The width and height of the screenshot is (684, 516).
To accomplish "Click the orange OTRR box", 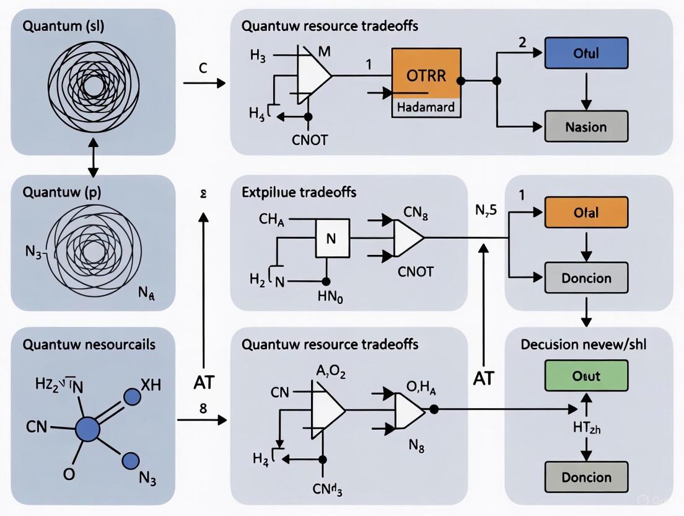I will [x=426, y=74].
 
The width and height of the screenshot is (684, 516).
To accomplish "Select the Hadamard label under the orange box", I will [x=426, y=107].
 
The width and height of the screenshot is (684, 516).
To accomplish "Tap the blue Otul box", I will [x=585, y=53].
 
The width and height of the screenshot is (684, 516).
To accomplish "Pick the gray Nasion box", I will [x=585, y=127].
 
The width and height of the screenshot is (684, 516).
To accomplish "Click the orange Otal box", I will [x=585, y=213].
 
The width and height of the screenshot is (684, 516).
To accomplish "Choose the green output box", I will [x=585, y=376].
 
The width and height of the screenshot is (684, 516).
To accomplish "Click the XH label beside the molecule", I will [x=151, y=385].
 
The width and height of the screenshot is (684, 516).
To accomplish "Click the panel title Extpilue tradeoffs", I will [x=299, y=192].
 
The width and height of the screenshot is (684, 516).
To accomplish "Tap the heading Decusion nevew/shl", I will [x=583, y=344].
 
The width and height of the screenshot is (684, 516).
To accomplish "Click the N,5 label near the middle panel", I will [x=485, y=210].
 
